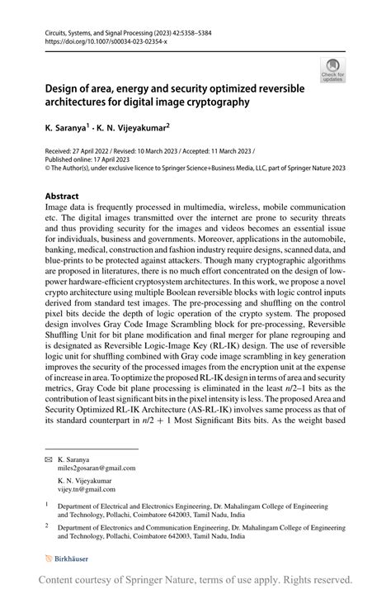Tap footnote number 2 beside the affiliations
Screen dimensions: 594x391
coord(47,525)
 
